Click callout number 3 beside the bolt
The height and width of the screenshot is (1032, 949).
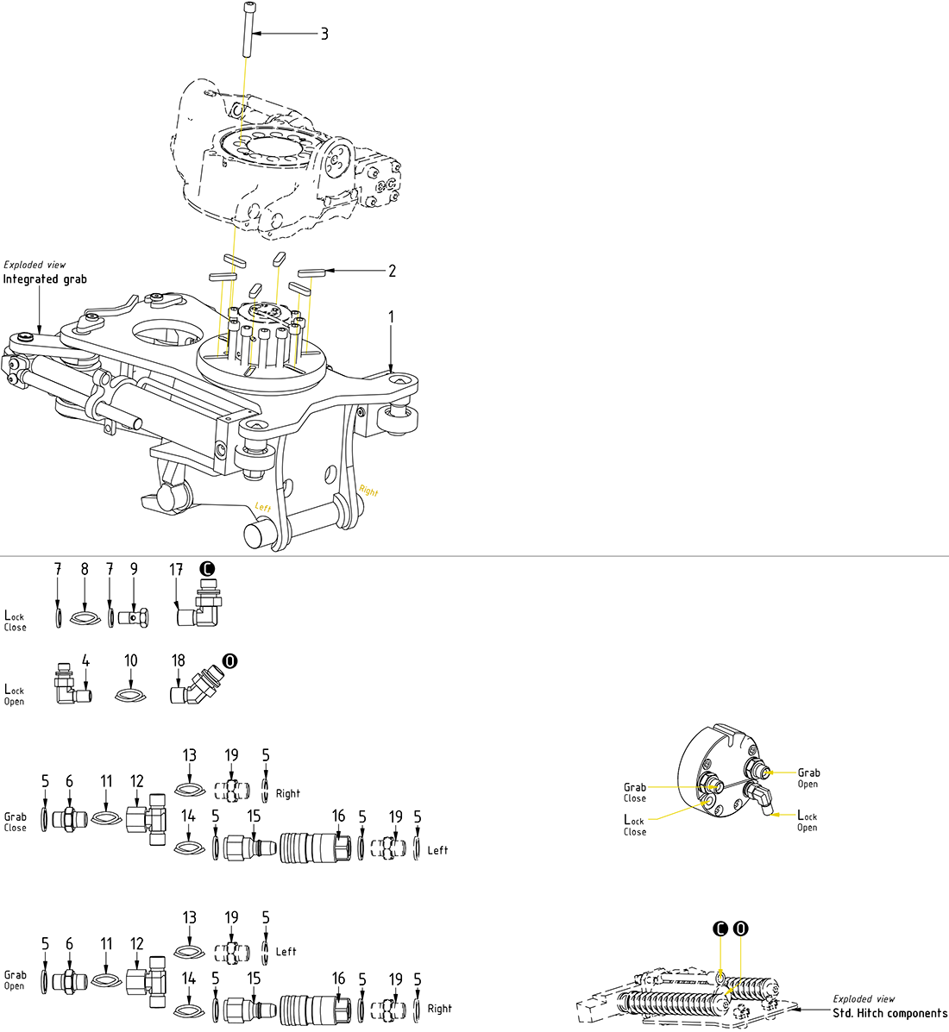click(324, 34)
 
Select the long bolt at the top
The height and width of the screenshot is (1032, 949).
click(247, 31)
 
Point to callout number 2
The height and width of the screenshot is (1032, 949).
click(392, 271)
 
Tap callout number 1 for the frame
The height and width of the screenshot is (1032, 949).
click(391, 317)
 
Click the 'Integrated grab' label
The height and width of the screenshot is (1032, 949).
click(45, 279)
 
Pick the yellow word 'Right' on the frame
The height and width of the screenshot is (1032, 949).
click(368, 491)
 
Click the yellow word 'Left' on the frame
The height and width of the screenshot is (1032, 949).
click(263, 507)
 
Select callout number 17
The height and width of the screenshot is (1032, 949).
click(176, 570)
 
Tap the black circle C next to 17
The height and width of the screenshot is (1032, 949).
click(206, 569)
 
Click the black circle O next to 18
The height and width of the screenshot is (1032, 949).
click(229, 661)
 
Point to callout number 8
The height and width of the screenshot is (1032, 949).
click(85, 569)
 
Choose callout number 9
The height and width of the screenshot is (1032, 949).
click(134, 569)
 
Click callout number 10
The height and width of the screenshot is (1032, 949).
click(130, 661)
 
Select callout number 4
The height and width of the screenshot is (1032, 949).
click(85, 661)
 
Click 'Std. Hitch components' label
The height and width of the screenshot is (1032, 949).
click(889, 1013)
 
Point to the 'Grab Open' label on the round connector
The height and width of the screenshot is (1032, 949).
click(808, 778)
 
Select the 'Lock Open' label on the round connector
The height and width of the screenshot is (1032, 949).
click(807, 821)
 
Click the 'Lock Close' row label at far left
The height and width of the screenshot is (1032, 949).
click(15, 621)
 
